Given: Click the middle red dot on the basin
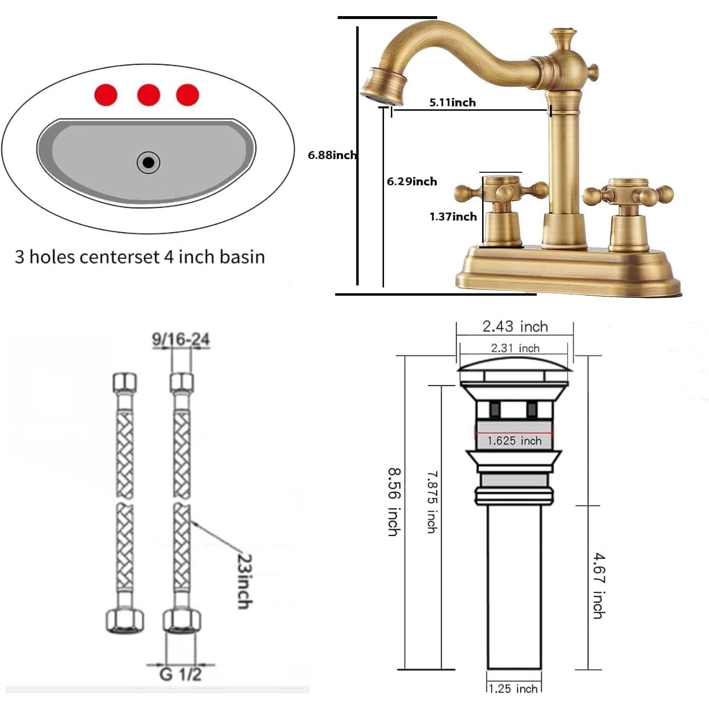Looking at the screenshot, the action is point(149,95).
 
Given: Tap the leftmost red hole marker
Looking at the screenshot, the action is point(106,95).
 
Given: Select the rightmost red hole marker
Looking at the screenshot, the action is point(188,95).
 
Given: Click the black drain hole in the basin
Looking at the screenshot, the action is point(148,162).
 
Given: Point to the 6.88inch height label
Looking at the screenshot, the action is point(332,155).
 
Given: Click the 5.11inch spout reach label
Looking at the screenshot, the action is point(452,102).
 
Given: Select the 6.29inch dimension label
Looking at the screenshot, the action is point(412,182).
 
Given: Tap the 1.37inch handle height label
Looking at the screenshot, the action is point(453,217).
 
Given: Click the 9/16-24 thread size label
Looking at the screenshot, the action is point(181,339).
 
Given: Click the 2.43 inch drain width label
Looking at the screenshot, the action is point(515,326).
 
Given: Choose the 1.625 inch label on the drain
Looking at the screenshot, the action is point(514,441).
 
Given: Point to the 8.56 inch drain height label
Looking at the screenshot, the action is point(394,502).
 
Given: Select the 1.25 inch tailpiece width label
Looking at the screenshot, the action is point(514,698).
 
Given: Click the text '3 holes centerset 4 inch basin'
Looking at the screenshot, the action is point(140,257).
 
